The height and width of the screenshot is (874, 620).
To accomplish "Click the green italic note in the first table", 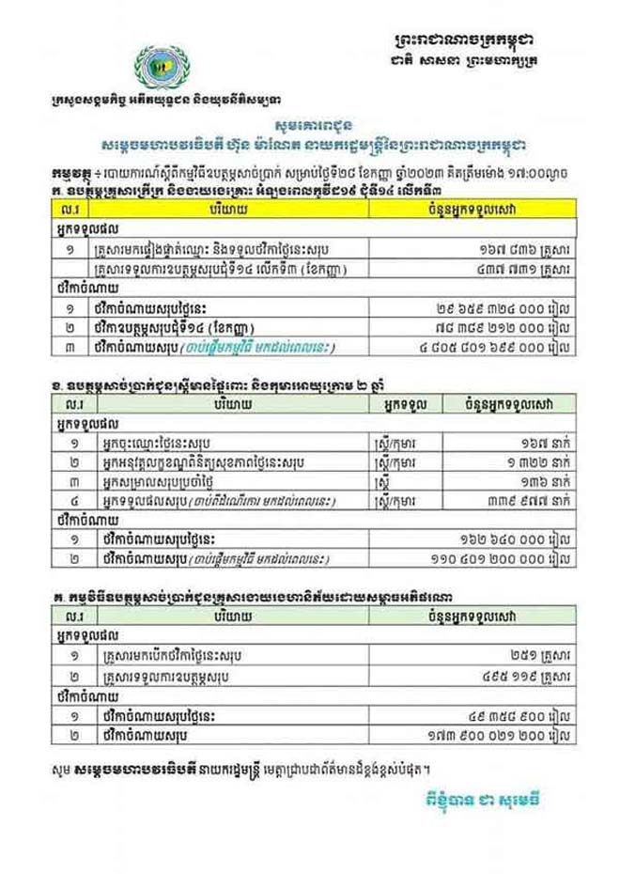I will click(269, 347).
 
